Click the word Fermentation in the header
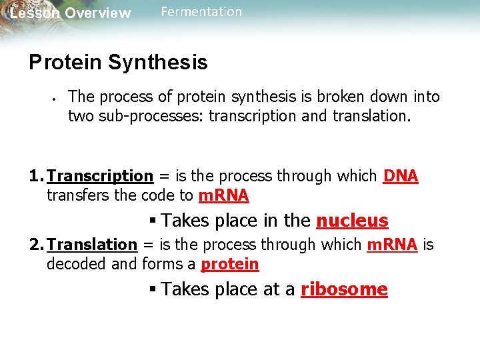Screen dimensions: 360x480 tap(201, 12)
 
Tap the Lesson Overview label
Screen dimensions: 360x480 tap(70, 13)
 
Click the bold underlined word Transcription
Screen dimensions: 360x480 tap(101, 176)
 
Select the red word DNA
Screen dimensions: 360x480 tap(401, 176)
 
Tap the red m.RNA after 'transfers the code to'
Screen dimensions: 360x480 tap(223, 196)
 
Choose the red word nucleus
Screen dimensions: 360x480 tap(352, 221)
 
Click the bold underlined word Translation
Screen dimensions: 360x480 tap(92, 245)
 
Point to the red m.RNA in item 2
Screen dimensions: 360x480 tap(392, 245)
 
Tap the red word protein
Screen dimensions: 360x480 tap(229, 265)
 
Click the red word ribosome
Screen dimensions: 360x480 tap(344, 289)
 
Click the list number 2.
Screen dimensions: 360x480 tap(36, 245)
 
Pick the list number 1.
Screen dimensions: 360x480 tap(36, 176)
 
